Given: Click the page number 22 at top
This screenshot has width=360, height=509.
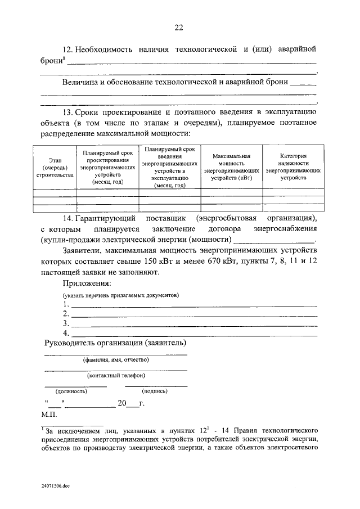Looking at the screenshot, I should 179,26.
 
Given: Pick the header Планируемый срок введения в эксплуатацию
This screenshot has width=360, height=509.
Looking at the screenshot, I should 169,167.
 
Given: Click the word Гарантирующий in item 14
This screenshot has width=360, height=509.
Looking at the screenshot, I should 103,217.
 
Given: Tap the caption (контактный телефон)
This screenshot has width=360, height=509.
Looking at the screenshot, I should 116,375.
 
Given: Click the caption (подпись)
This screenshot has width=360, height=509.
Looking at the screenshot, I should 155,390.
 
